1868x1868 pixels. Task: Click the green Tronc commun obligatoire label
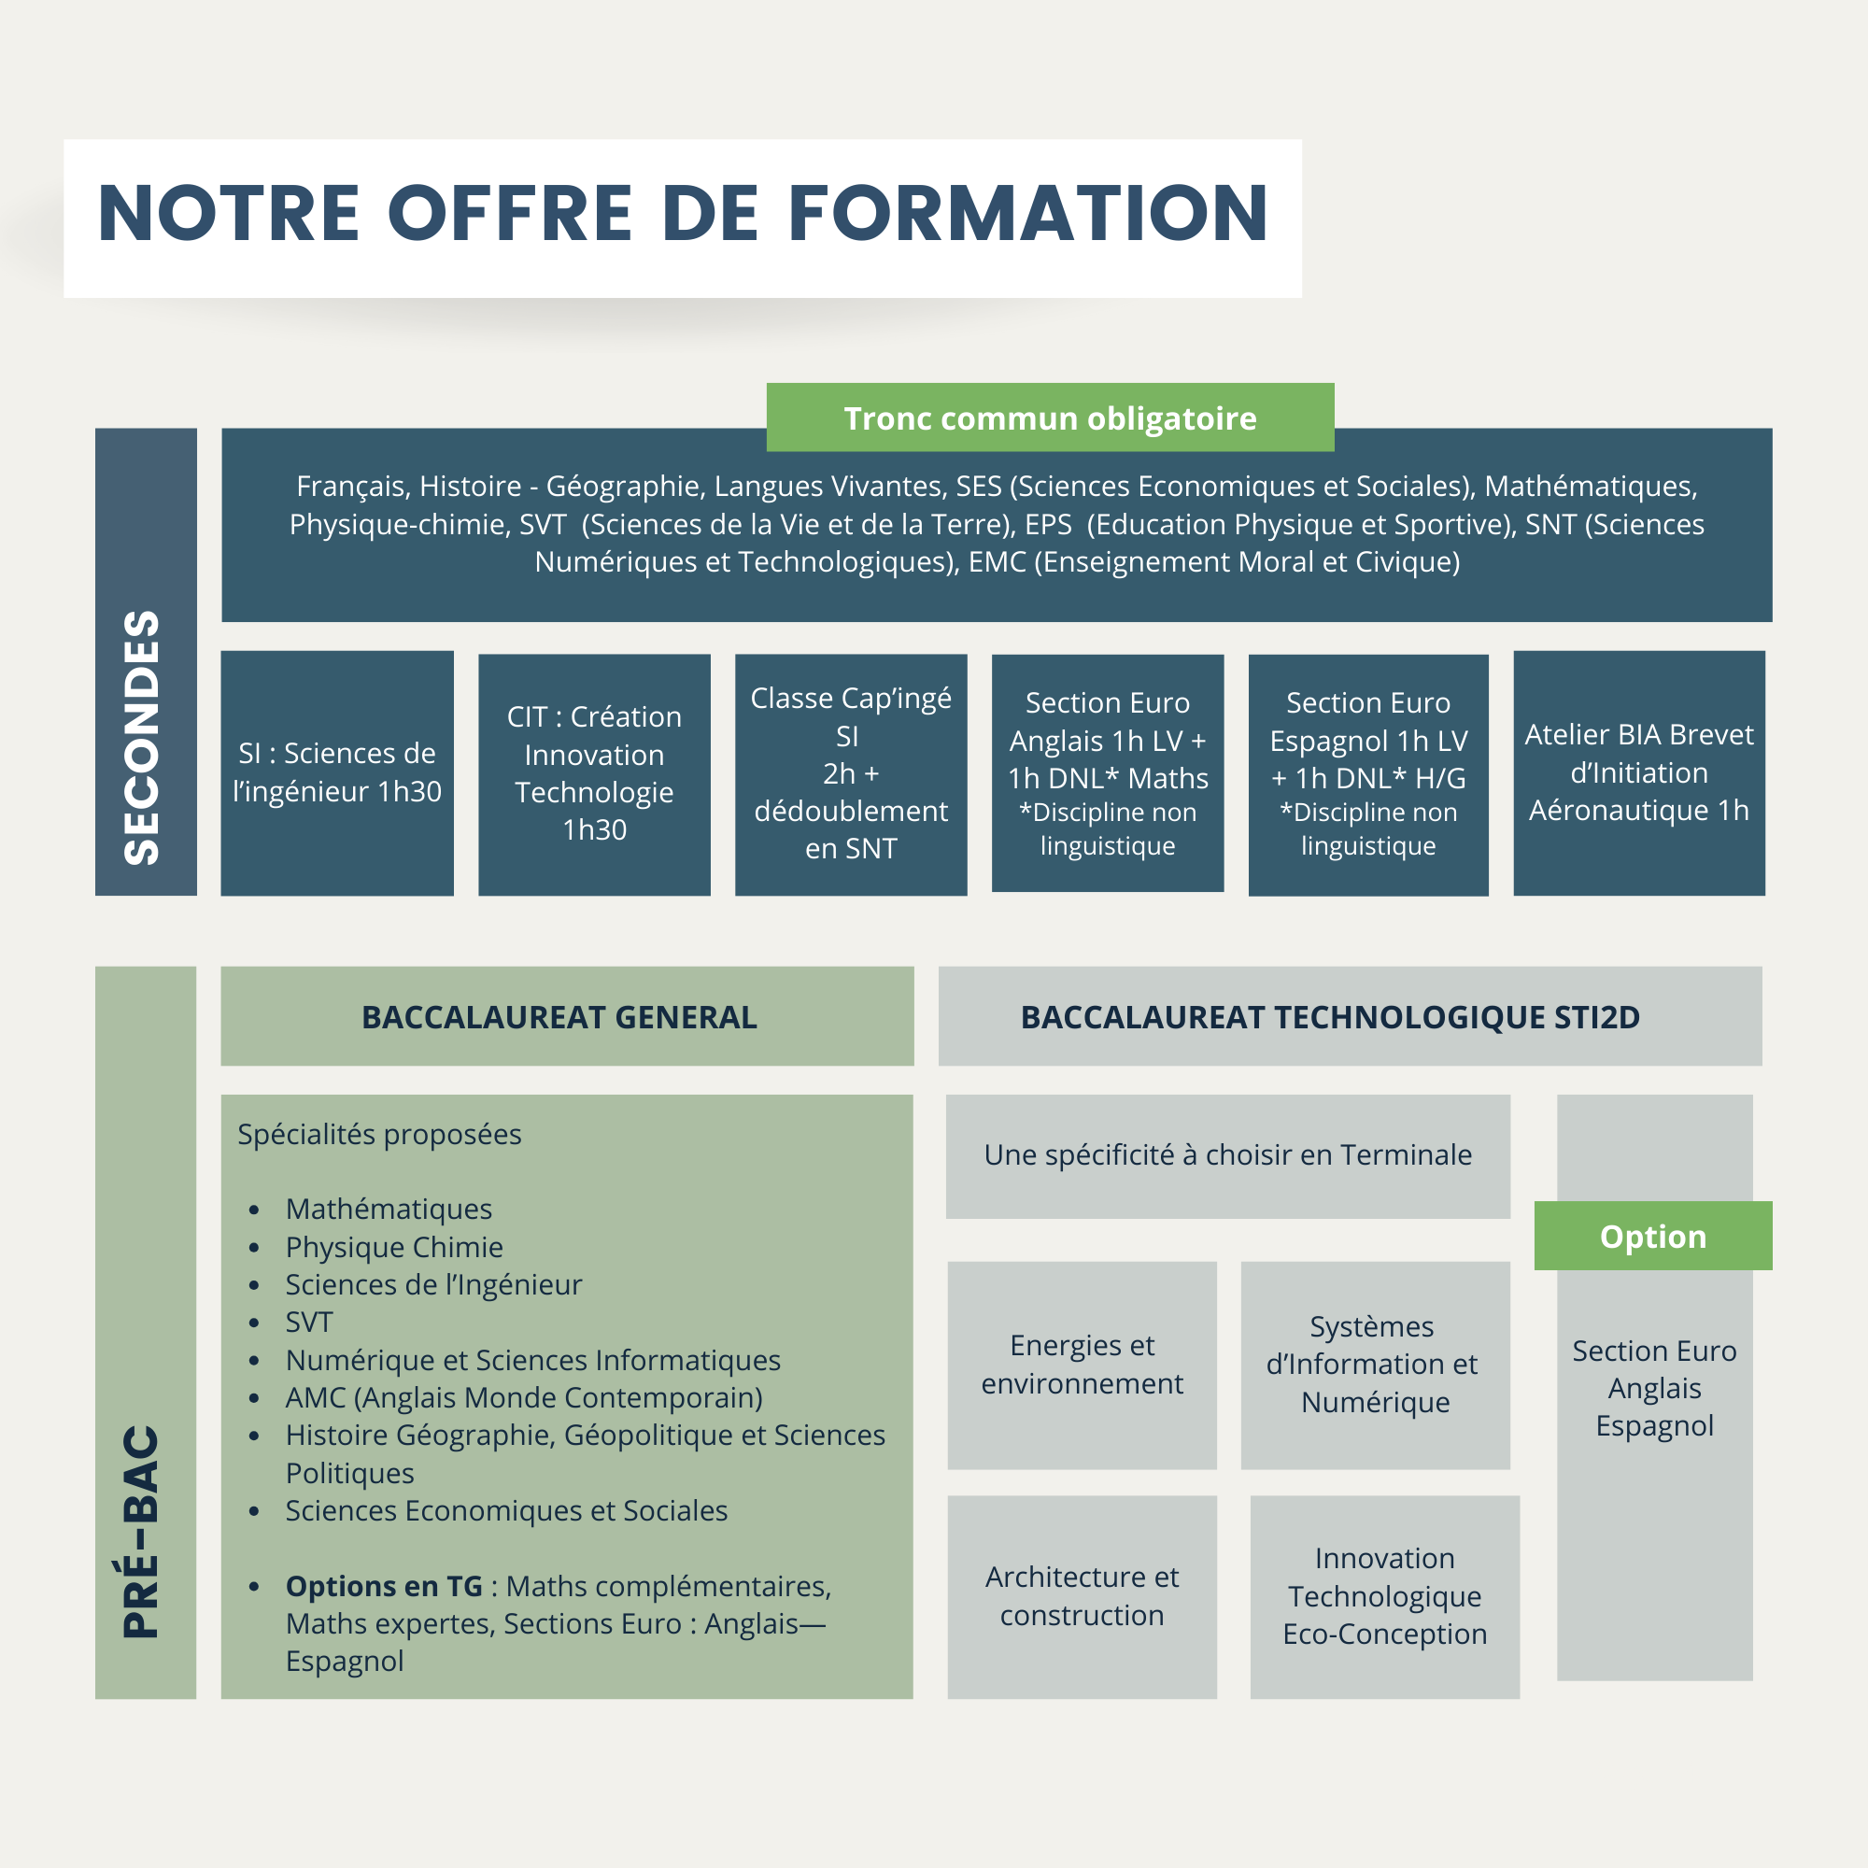click(x=1050, y=417)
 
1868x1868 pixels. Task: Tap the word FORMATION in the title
click(x=1027, y=214)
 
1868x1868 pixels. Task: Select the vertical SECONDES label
click(x=145, y=737)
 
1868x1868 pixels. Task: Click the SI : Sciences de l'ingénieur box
click(x=336, y=772)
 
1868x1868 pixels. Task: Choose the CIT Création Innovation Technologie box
click(x=594, y=773)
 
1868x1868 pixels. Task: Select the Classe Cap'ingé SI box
click(x=851, y=773)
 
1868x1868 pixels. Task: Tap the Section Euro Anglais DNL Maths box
click(x=1107, y=772)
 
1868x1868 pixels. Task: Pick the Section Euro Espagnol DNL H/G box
click(x=1368, y=773)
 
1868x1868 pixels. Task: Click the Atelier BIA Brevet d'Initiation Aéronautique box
click(x=1639, y=772)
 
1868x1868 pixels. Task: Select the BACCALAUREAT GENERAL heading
click(x=559, y=1017)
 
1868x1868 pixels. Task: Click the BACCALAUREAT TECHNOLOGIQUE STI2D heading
click(x=1330, y=1017)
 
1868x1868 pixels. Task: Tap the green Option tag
click(x=1652, y=1236)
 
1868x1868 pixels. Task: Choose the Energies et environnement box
click(x=1082, y=1365)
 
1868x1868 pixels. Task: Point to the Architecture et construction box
click(x=1082, y=1595)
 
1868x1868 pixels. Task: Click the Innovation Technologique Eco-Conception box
click(x=1384, y=1595)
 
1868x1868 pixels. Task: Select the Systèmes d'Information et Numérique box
click(x=1375, y=1365)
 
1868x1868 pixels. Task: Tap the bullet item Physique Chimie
click(x=393, y=1247)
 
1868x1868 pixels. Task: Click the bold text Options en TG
click(x=384, y=1586)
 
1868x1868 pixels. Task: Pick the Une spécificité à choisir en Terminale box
click(x=1228, y=1155)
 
